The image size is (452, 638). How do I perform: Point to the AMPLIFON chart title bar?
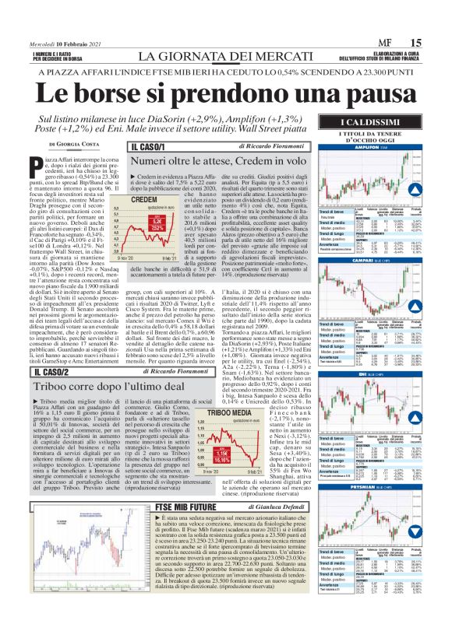coord(376,145)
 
